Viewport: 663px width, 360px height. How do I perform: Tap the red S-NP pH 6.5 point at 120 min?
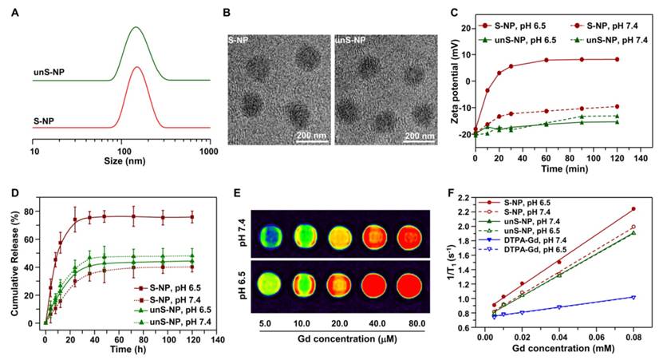617,59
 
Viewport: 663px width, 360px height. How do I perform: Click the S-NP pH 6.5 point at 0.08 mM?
632,209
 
